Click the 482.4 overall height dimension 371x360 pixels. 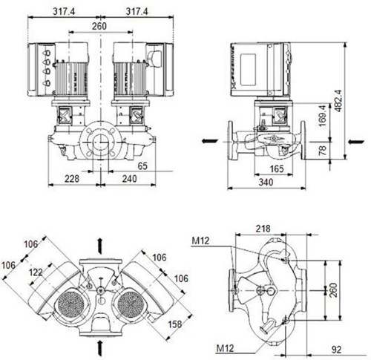[x=338, y=101]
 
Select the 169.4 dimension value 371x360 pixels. [x=322, y=116]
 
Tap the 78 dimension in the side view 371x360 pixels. [x=322, y=151]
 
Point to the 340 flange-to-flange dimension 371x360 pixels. [x=266, y=183]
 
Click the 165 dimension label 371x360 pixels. [x=277, y=169]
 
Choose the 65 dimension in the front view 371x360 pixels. [x=142, y=166]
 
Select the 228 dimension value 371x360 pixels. [x=72, y=179]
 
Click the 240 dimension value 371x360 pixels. [x=129, y=179]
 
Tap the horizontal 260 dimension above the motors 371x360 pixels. [x=99, y=26]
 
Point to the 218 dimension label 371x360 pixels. [x=263, y=229]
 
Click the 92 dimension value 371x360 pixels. [x=336, y=350]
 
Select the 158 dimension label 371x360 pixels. [x=175, y=324]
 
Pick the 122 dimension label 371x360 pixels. [x=36, y=272]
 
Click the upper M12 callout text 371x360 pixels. [x=200, y=240]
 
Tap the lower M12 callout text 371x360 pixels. [x=225, y=349]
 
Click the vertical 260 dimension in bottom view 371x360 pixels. [x=333, y=290]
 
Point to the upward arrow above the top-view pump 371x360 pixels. [x=100, y=246]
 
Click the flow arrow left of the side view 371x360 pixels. [x=210, y=141]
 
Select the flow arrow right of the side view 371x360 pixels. [x=356, y=142]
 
